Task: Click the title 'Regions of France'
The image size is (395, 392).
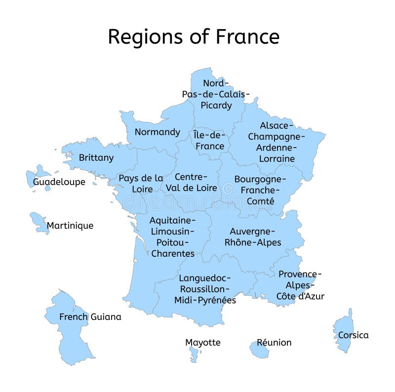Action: (194, 37)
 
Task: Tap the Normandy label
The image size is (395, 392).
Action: (158, 132)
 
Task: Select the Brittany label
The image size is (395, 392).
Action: (96, 158)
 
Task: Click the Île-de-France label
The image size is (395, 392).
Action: (210, 141)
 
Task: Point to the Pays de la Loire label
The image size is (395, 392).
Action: (140, 183)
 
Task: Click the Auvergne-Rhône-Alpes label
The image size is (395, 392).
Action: (253, 236)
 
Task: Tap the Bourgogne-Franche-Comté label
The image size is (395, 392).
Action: (260, 190)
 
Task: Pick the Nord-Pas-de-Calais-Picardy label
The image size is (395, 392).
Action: (216, 94)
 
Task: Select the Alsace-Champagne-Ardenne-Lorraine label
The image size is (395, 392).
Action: (276, 142)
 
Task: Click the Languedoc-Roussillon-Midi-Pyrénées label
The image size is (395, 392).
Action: (205, 289)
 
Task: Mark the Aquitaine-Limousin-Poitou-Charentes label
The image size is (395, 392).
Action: (172, 236)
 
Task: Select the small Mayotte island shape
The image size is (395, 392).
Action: (194, 353)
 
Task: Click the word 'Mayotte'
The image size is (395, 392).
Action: (203, 342)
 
